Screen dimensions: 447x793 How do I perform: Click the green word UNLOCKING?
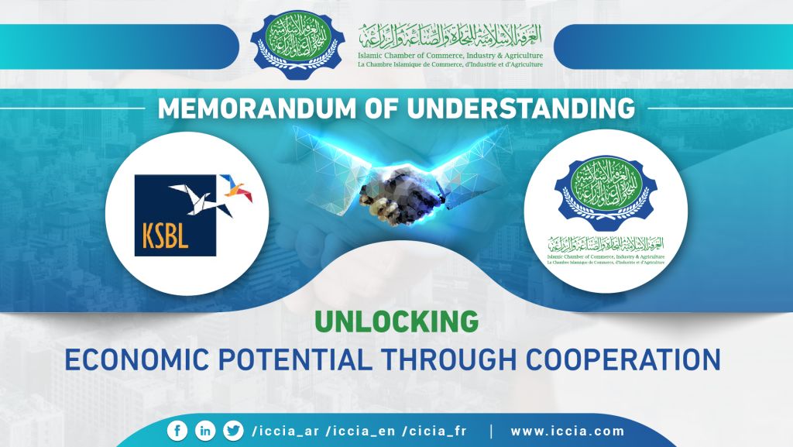396,321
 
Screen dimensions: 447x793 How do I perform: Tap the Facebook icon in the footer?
177,431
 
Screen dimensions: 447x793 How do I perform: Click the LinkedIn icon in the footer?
205,431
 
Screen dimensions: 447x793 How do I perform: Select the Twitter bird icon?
232,431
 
